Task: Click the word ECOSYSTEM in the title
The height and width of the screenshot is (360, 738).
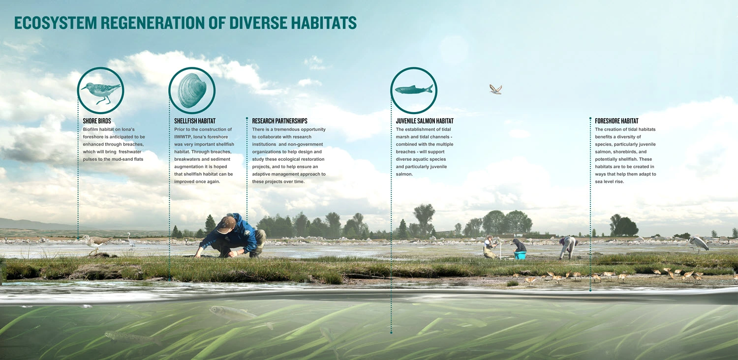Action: (55, 23)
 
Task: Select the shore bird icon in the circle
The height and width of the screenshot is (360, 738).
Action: (101, 92)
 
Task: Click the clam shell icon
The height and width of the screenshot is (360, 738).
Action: (192, 90)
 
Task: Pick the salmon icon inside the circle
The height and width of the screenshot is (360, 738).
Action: (414, 89)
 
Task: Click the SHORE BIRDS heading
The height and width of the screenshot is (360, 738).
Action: (97, 121)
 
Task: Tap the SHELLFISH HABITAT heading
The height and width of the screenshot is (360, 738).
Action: (195, 121)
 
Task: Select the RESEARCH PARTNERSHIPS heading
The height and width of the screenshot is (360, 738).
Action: (280, 121)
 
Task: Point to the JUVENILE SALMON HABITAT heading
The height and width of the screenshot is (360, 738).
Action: (425, 121)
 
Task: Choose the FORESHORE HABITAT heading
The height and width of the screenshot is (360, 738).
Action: (616, 121)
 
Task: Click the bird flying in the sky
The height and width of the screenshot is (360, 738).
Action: (495, 89)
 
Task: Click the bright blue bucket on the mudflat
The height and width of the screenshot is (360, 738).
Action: (520, 255)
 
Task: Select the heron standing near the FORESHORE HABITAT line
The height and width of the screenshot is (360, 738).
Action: (698, 244)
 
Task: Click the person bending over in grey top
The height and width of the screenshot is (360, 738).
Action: (567, 247)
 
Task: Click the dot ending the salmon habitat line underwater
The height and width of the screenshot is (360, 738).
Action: (391, 332)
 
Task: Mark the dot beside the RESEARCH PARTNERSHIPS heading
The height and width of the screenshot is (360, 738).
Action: (247, 118)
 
